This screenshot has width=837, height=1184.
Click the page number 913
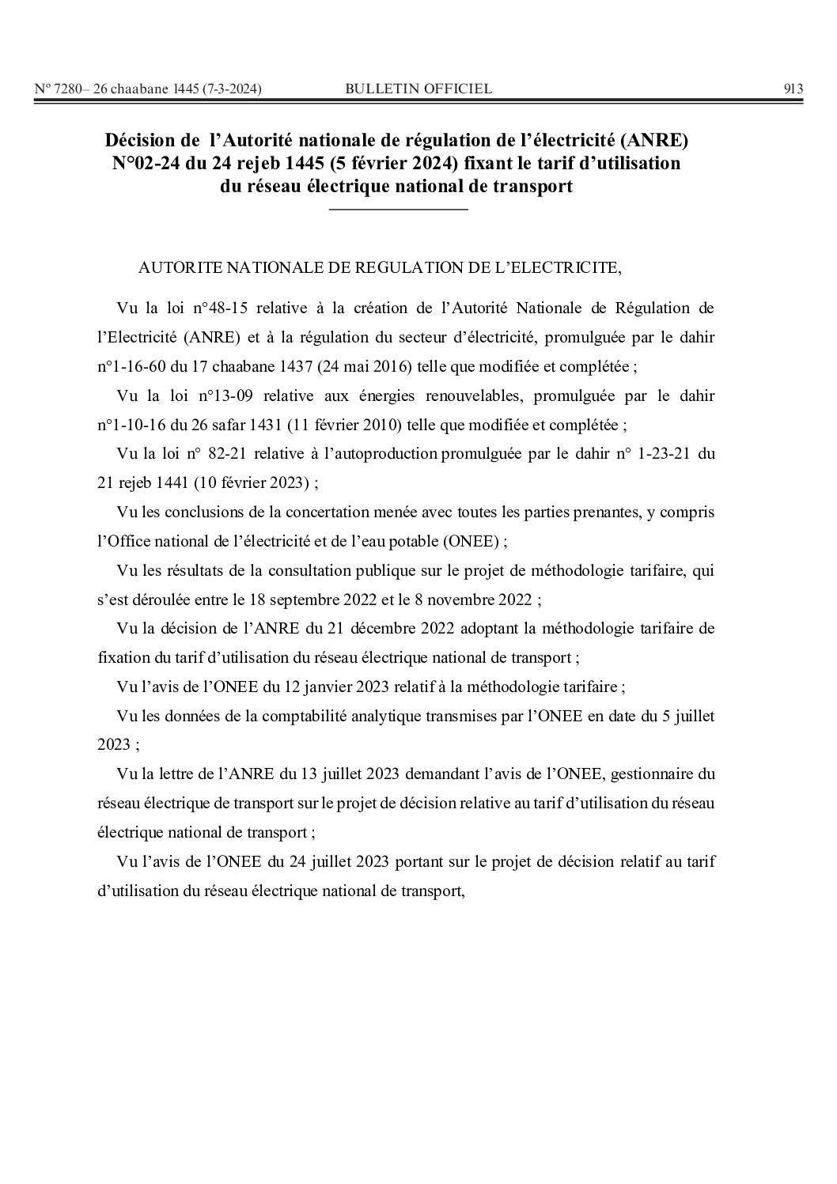point(793,89)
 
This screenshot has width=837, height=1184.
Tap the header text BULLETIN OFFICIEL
point(418,89)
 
